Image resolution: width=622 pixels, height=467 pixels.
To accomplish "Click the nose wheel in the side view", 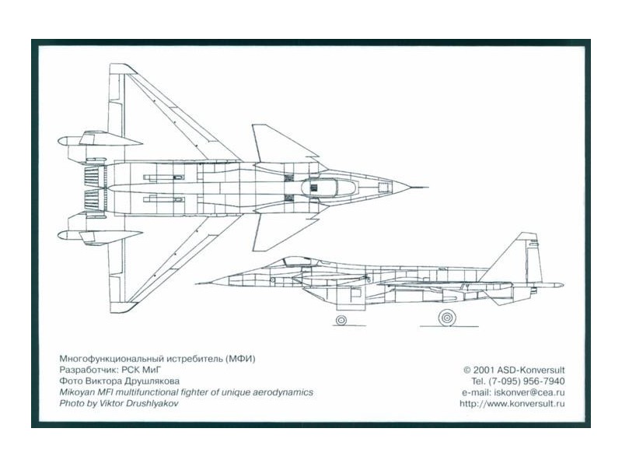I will pos(341,319).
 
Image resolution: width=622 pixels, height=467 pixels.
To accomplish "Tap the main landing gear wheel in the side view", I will pos(446,317).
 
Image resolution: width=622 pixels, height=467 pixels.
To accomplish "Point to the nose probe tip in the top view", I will pos(424,188).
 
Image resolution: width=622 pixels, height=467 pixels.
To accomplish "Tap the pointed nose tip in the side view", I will pos(197,283).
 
